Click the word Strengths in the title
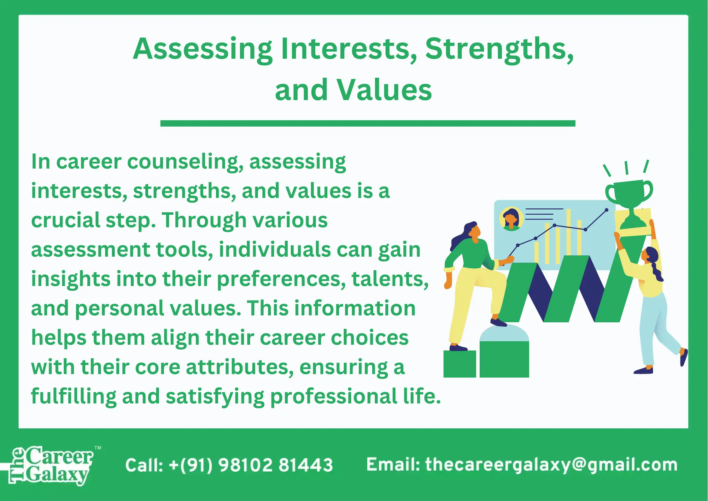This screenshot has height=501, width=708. [x=499, y=50]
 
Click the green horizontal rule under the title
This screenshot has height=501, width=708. [x=368, y=123]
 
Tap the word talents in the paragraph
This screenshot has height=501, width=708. [x=390, y=279]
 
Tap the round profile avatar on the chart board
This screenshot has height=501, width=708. [x=511, y=218]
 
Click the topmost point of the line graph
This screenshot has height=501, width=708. [x=606, y=210]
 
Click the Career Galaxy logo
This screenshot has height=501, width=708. [x=50, y=465]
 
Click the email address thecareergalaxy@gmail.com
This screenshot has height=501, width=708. [x=551, y=465]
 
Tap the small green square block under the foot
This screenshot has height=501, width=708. [x=459, y=364]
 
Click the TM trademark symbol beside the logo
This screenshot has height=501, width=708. [x=98, y=448]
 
